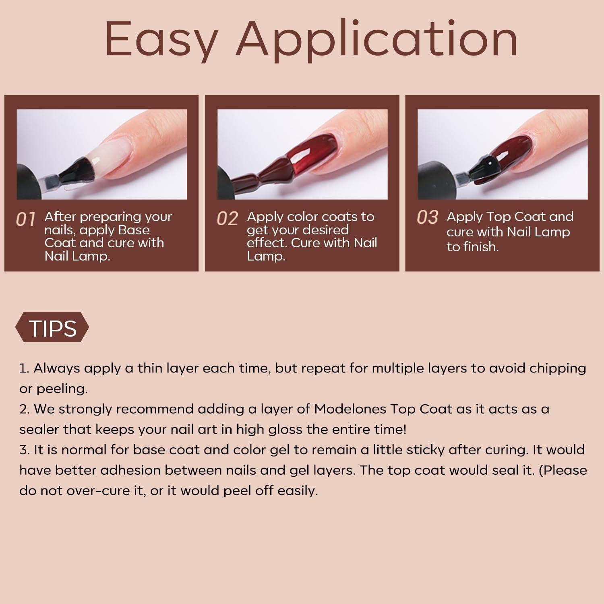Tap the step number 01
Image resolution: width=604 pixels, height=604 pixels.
coord(26,219)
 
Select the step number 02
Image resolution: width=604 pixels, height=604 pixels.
coord(227,219)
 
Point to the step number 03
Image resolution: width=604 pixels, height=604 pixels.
coord(427,217)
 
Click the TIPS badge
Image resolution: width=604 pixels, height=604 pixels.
coord(52,328)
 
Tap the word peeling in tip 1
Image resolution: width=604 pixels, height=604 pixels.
coord(62,389)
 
